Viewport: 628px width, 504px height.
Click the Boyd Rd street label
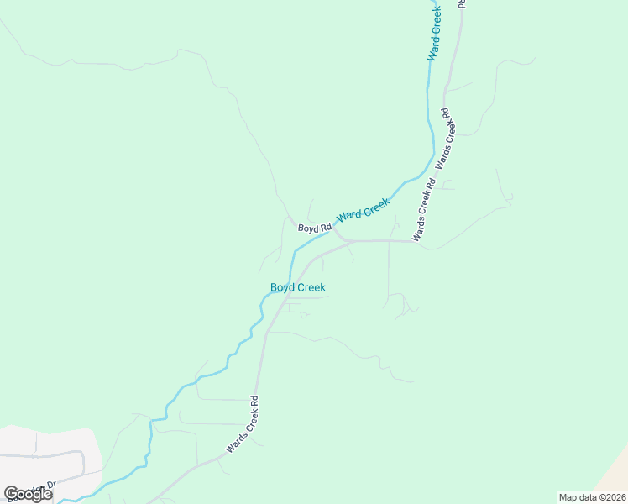(x=315, y=228)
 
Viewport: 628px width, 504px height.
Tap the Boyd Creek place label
(x=297, y=287)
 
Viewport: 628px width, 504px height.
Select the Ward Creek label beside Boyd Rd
(x=364, y=209)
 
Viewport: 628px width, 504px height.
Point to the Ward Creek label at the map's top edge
(x=434, y=34)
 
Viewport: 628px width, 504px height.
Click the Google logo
(x=29, y=494)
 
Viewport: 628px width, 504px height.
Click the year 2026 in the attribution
(x=614, y=497)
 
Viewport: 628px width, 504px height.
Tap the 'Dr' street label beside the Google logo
(x=50, y=485)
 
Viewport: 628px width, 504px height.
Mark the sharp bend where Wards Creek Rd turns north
(x=414, y=241)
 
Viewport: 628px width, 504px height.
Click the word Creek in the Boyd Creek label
(x=311, y=287)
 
